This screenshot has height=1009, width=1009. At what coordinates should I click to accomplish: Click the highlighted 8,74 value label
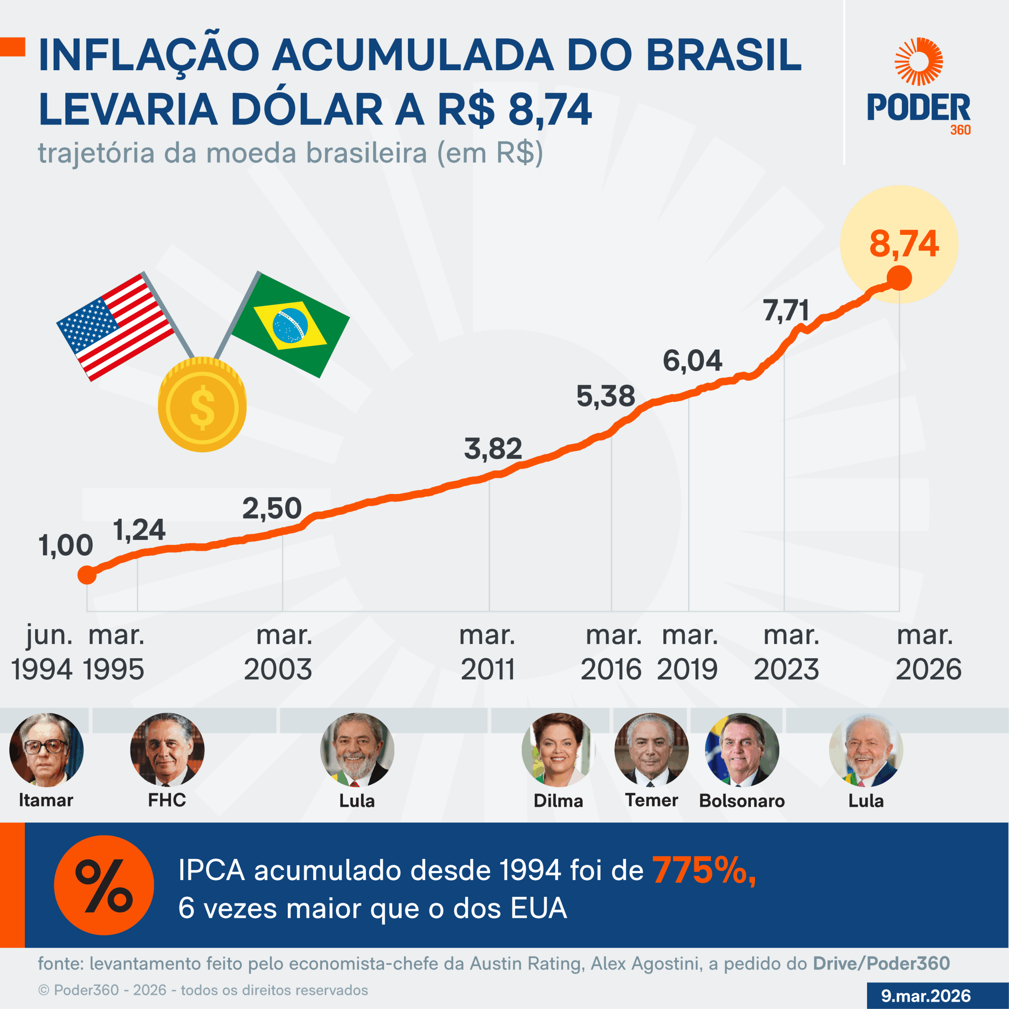coord(904,244)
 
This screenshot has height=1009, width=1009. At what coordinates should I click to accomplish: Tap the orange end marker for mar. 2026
coord(899,278)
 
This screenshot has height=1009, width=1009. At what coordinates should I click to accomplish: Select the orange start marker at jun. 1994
coord(87,575)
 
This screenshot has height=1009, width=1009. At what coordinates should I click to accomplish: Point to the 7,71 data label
coord(786,311)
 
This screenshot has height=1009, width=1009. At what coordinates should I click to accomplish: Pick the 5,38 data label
coord(605,396)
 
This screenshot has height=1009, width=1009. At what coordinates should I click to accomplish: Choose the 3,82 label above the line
coord(493,449)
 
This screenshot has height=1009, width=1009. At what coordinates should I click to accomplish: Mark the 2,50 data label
coord(272,508)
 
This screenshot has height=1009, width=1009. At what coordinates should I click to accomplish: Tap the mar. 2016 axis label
coord(612,652)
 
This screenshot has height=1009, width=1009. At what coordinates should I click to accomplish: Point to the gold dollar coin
coord(202,405)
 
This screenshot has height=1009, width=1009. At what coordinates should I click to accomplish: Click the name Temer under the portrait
coord(651,800)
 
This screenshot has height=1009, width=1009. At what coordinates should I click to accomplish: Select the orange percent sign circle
coord(104,885)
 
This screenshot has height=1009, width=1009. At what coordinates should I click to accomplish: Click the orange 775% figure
coord(704,871)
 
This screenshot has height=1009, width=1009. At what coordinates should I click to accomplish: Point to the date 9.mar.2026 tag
coord(925,996)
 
